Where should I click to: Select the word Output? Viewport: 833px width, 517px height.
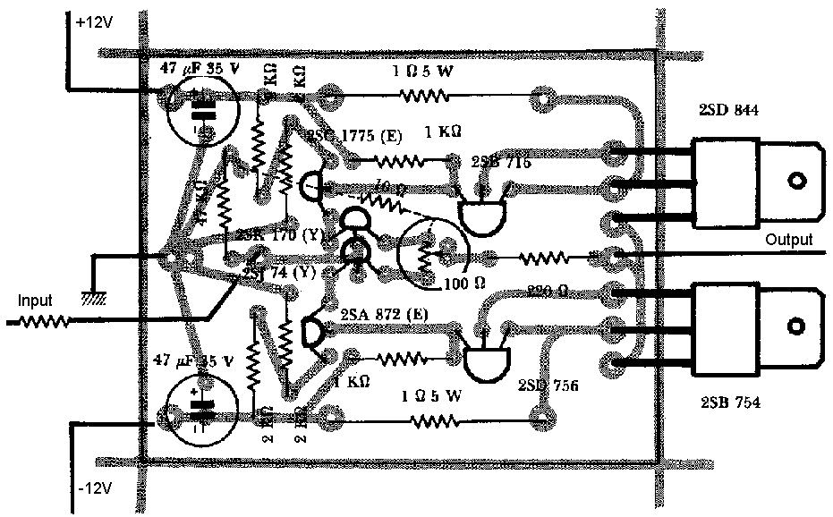(x=788, y=240)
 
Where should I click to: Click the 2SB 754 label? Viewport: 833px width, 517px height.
(x=728, y=403)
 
